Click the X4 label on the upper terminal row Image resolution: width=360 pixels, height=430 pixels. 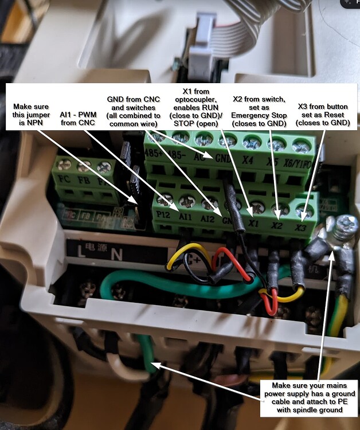248,161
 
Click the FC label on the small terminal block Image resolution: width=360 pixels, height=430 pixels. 63,178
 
